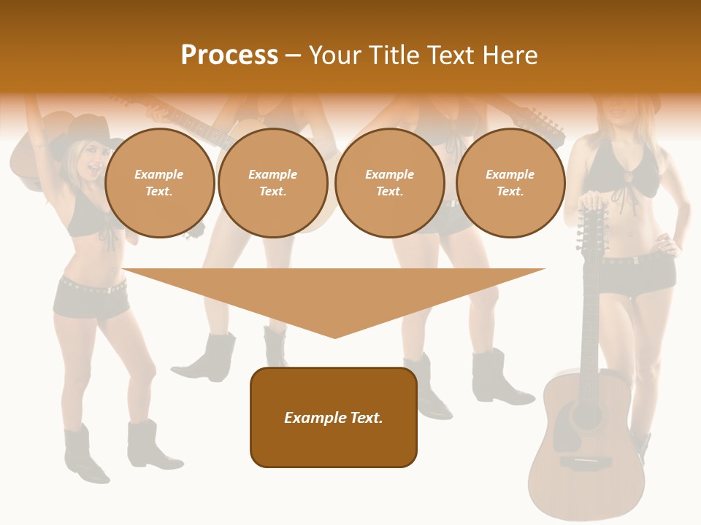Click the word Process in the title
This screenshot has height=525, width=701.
click(x=229, y=55)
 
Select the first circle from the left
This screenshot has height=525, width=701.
click(x=160, y=183)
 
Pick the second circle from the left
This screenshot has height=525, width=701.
click(x=273, y=183)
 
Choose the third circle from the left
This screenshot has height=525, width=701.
click(x=390, y=183)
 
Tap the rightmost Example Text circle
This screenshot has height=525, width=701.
click(x=510, y=183)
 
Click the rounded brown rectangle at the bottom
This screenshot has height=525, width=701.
click(x=334, y=417)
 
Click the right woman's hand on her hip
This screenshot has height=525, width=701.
click(x=666, y=241)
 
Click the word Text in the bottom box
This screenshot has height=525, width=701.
click(x=365, y=418)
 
